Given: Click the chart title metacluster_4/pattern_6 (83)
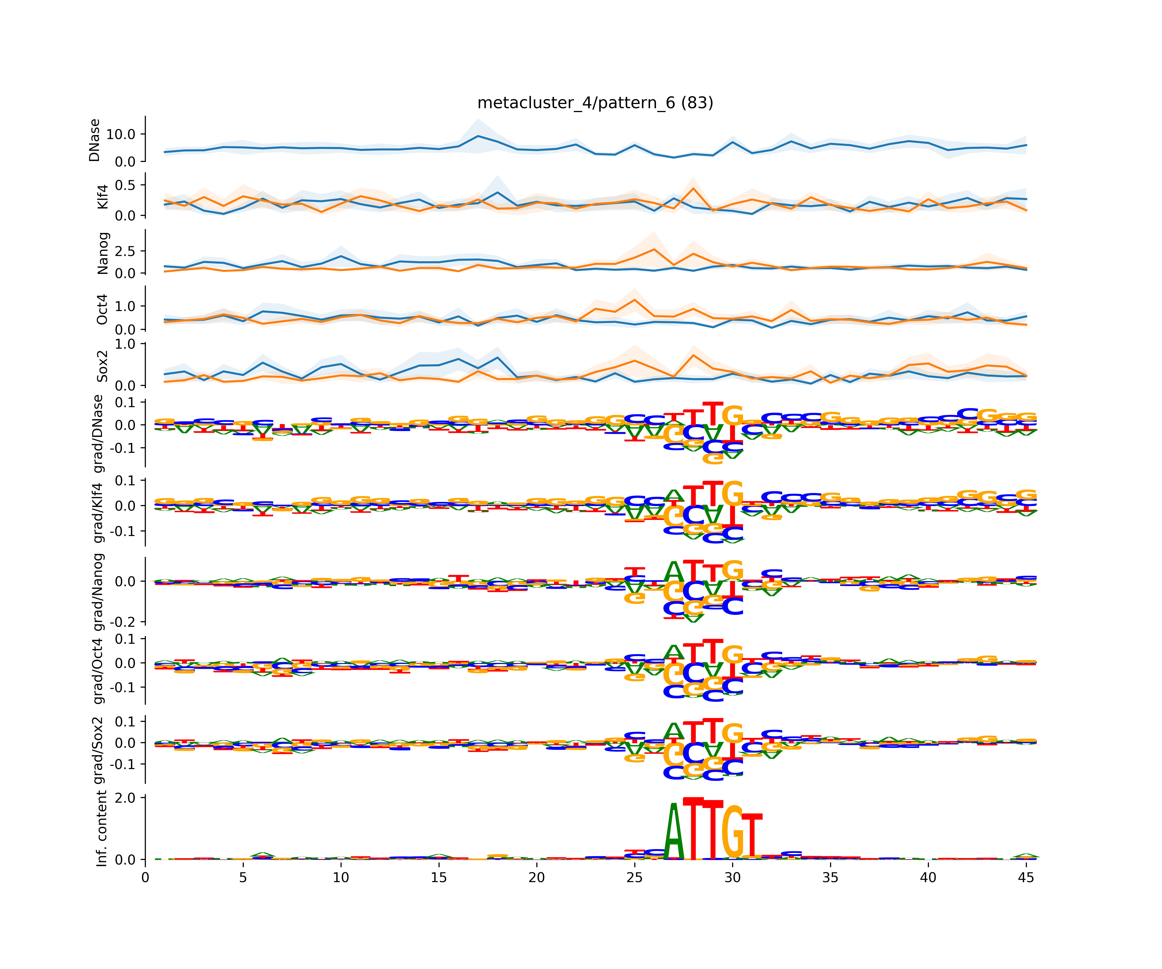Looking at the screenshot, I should point(595,103).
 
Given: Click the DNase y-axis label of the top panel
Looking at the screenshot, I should point(95,140).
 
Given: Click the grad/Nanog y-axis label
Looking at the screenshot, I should point(98,591).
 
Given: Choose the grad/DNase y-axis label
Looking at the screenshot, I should point(98,434).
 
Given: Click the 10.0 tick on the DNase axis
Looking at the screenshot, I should point(121,134).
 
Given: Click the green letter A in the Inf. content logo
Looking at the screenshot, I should point(673,832).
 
